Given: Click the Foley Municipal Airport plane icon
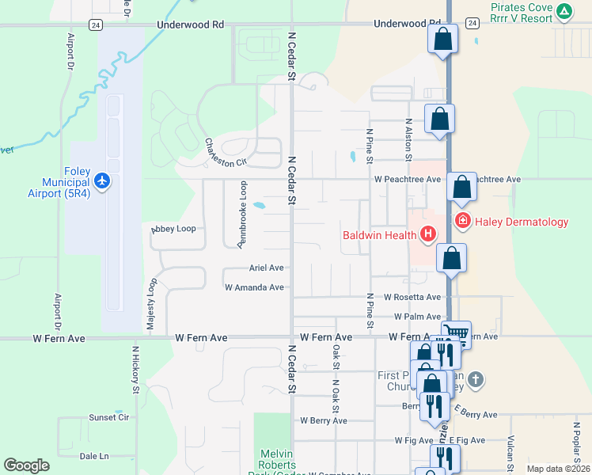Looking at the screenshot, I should [101, 181].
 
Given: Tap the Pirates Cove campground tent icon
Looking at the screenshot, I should [564, 11].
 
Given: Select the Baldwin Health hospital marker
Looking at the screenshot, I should [428, 234].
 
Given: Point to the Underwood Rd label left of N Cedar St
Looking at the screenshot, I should [190, 25].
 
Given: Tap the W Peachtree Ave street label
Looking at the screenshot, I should [408, 180].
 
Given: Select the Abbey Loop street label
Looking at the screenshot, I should [173, 229].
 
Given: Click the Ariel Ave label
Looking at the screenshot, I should [266, 268].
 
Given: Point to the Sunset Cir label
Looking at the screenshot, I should [109, 417].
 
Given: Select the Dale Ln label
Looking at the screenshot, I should [94, 456].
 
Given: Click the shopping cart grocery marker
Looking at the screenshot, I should [456, 333].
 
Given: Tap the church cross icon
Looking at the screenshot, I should [475, 379].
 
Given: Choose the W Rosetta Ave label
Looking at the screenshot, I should [412, 297].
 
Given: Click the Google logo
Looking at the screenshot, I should [26, 465].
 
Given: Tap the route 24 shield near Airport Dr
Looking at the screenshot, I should [94, 25].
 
